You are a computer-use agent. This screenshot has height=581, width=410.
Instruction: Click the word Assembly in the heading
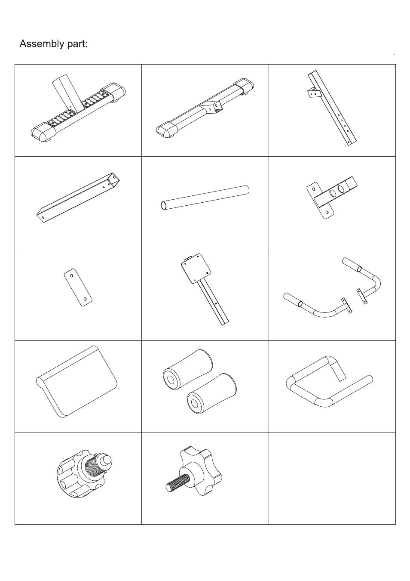coord(41,44)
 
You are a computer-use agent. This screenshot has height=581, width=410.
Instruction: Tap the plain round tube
coord(205,198)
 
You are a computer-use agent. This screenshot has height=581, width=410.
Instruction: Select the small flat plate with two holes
coord(78,287)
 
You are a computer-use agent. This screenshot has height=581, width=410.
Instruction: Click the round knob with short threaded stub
coord(84,474)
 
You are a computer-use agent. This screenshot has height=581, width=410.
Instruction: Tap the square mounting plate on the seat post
coord(196,268)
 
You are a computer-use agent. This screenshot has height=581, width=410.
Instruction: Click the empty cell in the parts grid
coord(332,479)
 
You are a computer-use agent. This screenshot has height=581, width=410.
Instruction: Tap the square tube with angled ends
coord(78,198)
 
